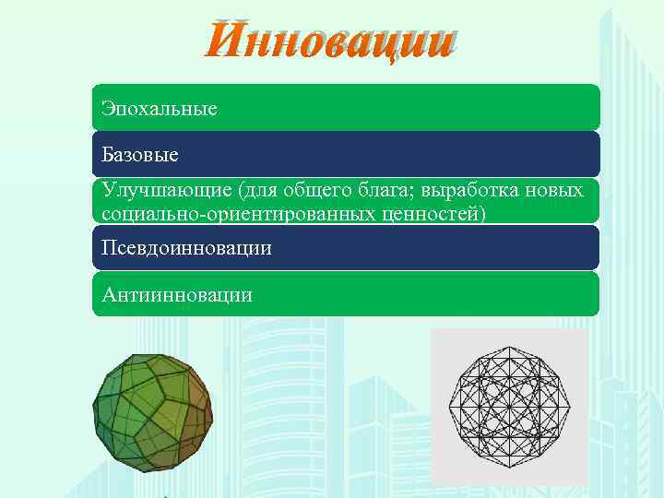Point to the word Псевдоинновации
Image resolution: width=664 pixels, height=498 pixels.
187,249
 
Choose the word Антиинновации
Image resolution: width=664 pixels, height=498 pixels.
178,295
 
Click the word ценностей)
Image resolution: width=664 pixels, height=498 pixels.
432,214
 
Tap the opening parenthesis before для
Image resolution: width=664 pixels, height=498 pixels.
242,190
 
